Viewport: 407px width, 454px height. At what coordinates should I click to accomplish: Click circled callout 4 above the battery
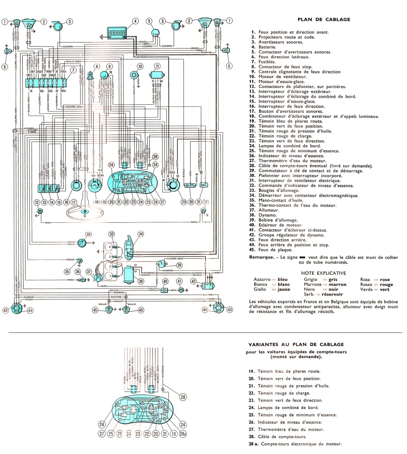(x=136, y=20)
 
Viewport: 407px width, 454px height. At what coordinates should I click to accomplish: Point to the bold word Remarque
(x=260, y=257)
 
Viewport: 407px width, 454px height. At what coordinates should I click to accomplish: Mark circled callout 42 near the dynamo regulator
(x=193, y=282)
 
